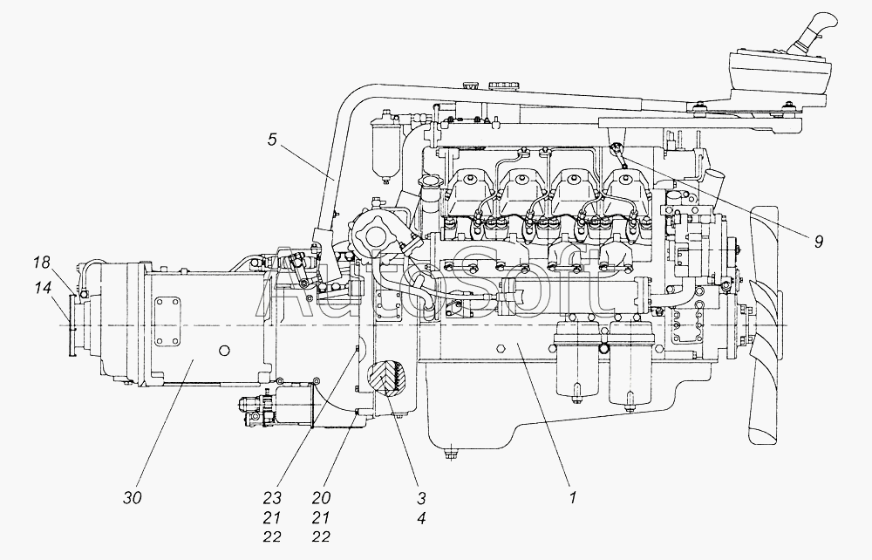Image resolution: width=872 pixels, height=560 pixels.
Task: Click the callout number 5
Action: [x=271, y=140]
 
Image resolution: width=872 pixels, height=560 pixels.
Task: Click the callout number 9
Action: [x=818, y=242]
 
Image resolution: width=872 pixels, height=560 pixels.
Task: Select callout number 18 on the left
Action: [x=41, y=262]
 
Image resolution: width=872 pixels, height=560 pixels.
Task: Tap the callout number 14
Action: [x=41, y=288]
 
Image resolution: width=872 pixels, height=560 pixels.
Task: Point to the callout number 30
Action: [x=133, y=498]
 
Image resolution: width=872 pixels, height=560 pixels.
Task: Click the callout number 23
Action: [x=272, y=498]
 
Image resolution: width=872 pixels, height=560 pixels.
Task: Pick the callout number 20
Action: [x=321, y=498]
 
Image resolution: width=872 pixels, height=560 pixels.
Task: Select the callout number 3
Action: [x=421, y=498]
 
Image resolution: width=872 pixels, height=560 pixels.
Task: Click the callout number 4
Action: [x=421, y=518]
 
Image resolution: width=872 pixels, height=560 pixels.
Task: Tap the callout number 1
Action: [x=573, y=498]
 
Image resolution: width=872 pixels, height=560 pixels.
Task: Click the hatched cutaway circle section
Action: [x=388, y=379]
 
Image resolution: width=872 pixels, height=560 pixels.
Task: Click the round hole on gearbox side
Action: [x=224, y=351]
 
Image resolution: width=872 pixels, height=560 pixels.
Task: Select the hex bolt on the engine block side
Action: [x=500, y=349]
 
